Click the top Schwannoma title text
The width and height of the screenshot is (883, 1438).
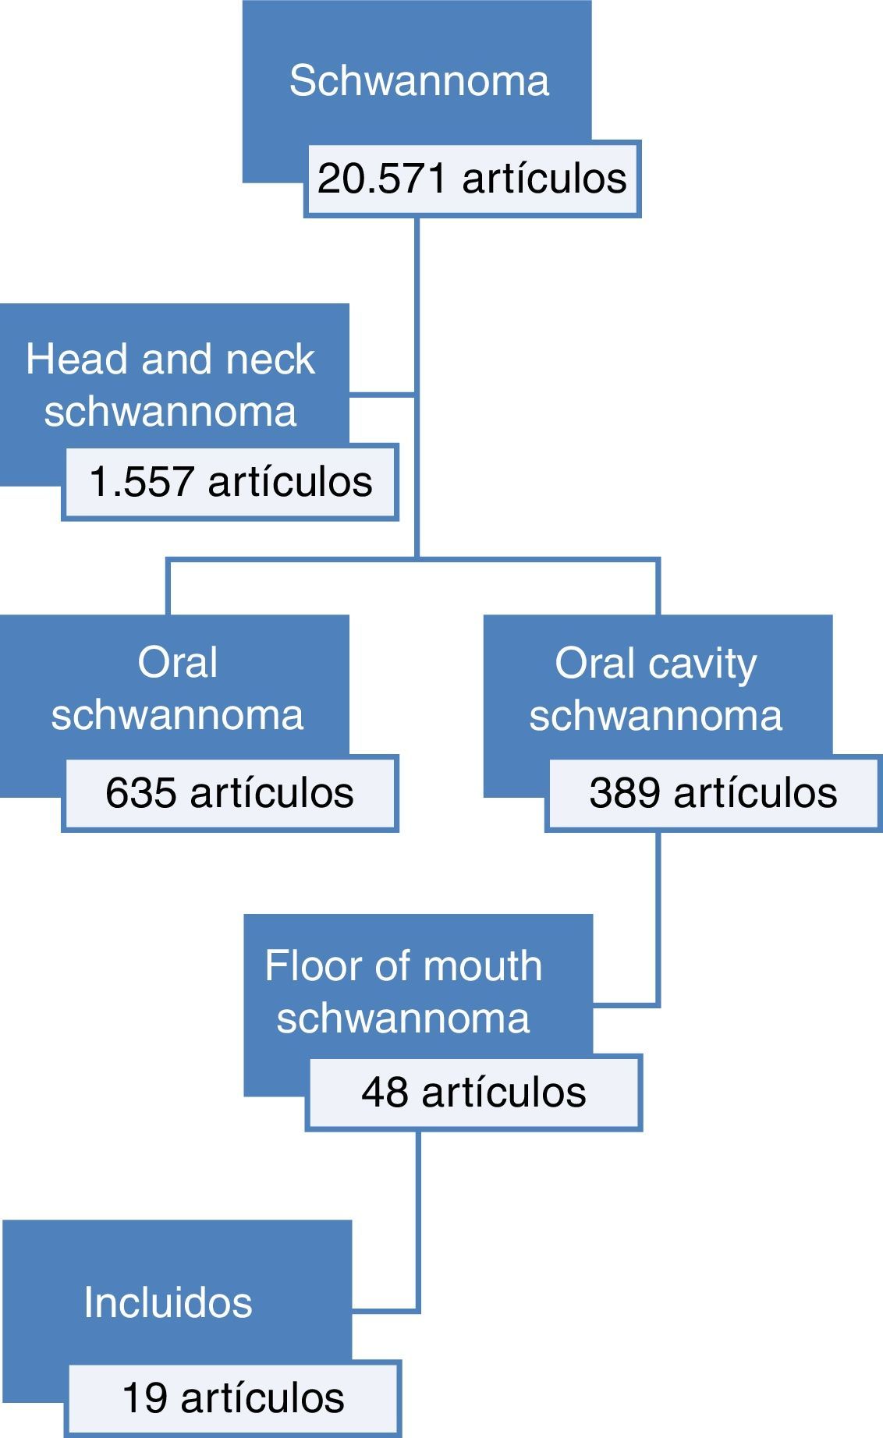[x=419, y=81]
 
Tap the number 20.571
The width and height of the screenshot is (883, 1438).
[x=381, y=179]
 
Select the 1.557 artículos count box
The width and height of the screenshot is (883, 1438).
[x=231, y=482]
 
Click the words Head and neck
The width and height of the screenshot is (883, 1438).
[x=170, y=359]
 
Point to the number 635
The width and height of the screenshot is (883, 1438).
[x=140, y=793]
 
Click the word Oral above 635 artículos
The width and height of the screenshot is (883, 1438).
[x=177, y=663]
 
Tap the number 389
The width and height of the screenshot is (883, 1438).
[x=624, y=793]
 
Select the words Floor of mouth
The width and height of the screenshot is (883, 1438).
[x=403, y=966]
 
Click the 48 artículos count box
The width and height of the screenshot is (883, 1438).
[x=473, y=1093]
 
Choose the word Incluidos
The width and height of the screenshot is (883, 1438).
[x=168, y=1303]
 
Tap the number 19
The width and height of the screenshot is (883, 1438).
[x=145, y=1397]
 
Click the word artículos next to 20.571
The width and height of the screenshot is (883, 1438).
[x=544, y=179]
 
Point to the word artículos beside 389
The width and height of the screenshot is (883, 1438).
[x=755, y=793]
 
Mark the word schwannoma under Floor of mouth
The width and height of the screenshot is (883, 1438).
[x=403, y=1018]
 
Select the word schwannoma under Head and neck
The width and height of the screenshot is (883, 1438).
[x=170, y=412]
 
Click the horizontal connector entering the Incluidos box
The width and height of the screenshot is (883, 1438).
[x=385, y=1310]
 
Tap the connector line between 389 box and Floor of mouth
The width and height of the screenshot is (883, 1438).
[x=658, y=920]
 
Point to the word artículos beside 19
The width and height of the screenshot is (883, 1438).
[x=262, y=1397]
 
